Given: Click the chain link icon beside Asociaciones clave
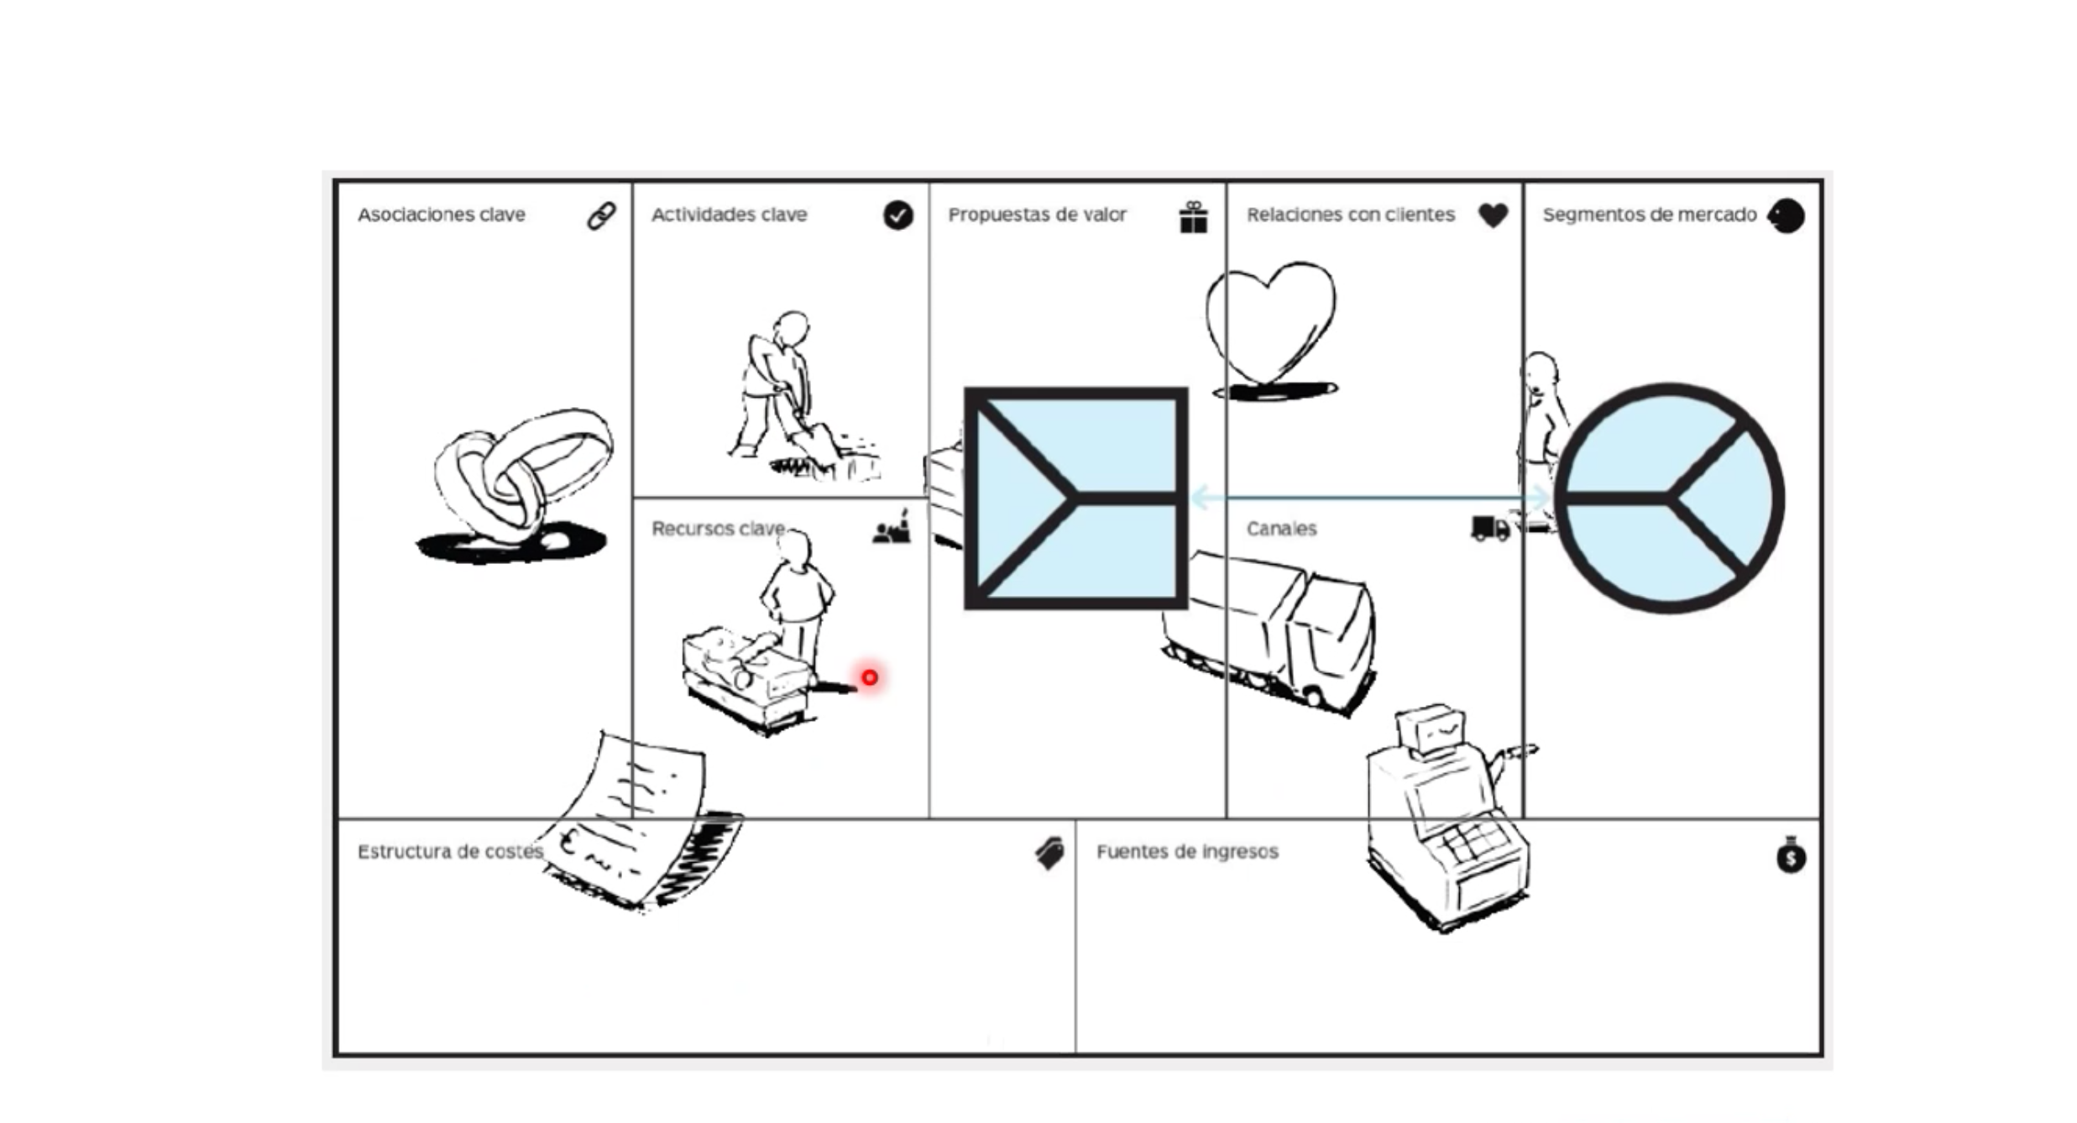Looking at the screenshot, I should (600, 216).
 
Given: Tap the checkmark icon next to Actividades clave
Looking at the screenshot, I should (897, 216).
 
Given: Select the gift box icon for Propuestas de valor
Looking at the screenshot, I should (1193, 217).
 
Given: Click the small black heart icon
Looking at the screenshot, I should (1493, 215).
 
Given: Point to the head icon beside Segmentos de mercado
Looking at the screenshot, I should (1786, 216).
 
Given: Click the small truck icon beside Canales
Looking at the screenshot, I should (1490, 529).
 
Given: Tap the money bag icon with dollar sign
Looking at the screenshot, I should (1791, 855).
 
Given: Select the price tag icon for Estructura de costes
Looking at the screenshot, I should (1049, 854).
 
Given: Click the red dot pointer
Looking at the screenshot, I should (869, 676).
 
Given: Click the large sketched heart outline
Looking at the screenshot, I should (1269, 323).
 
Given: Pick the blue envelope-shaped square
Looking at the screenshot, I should (1075, 498).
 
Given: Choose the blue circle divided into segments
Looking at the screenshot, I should (1669, 498).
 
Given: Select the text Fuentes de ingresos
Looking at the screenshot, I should (1187, 851).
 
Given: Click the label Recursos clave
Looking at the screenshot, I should (717, 529).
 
